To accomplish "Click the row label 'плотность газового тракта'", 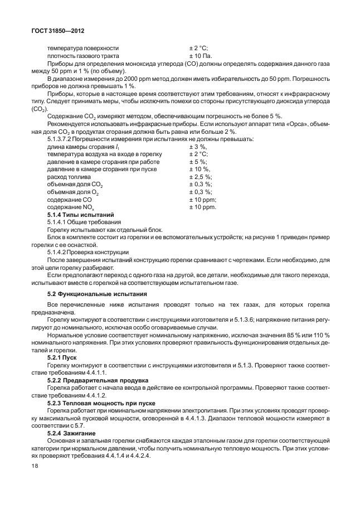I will tap(82, 56).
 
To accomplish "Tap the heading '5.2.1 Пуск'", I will tap(62, 357).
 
